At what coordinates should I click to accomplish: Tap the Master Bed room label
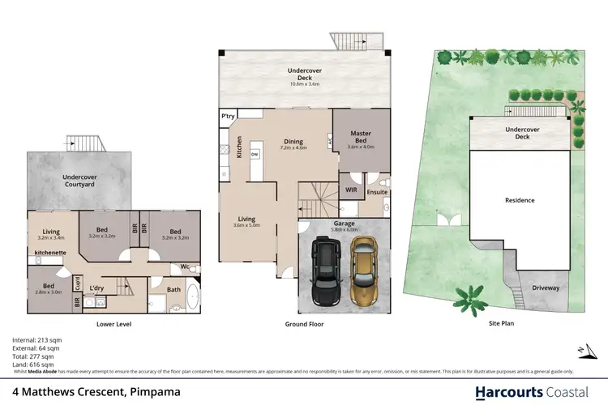tap(360, 137)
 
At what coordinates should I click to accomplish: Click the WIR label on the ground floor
tap(351, 190)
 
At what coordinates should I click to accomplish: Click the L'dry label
tap(96, 288)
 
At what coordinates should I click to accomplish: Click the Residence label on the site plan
tap(519, 200)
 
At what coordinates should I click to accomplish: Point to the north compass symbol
tap(583, 350)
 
